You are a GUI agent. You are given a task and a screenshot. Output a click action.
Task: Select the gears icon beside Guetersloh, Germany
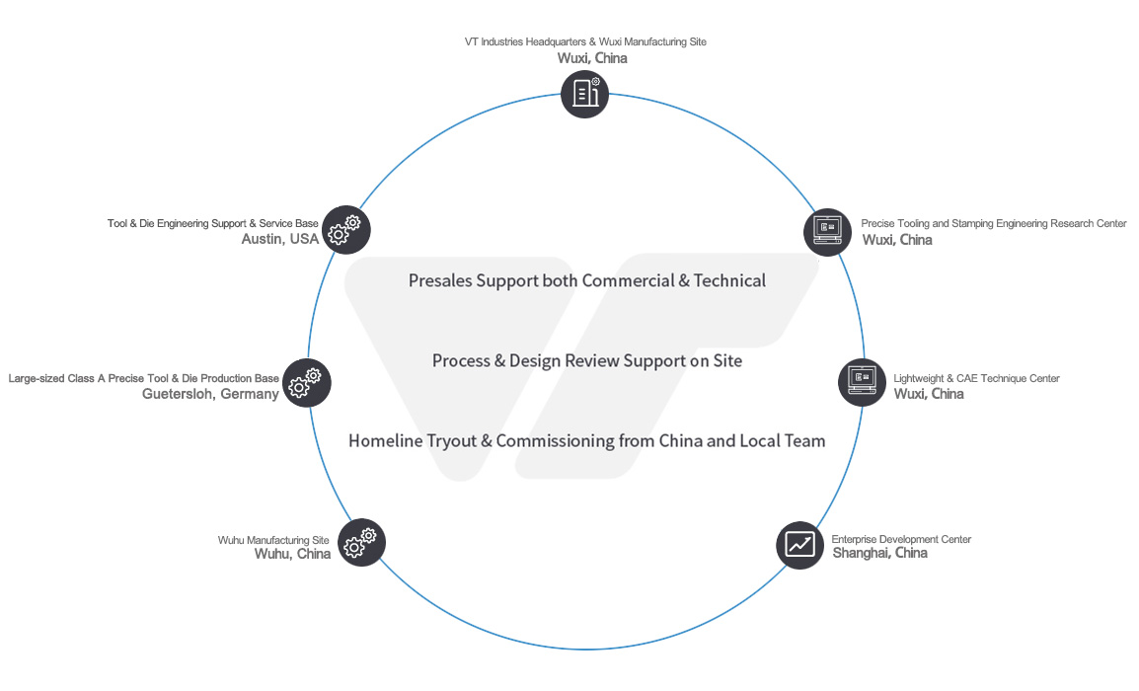point(306,381)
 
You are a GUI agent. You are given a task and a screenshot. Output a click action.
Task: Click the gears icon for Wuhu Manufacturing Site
point(361,542)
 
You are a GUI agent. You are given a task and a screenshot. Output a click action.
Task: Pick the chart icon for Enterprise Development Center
point(799,544)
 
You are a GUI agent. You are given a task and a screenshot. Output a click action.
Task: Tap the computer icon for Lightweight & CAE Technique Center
point(862,381)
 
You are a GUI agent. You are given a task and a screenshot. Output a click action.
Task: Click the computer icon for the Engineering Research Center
point(827,232)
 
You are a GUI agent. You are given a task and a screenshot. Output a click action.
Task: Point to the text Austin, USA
point(280,239)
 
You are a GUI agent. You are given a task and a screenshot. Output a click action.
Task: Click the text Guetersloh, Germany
point(210,394)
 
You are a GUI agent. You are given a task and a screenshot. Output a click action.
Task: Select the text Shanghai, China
point(879,553)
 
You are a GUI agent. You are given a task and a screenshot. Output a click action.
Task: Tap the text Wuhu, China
point(292,554)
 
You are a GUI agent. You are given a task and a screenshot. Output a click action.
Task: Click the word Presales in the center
point(439,281)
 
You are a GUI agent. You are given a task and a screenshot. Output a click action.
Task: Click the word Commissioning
point(555,441)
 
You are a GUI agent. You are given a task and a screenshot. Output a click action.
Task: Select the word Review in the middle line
point(592,361)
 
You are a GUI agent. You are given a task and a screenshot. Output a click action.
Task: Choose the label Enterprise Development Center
point(901,539)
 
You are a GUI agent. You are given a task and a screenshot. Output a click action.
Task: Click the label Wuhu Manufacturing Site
point(273,540)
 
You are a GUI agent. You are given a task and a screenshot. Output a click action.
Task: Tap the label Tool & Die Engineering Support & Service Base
point(213,224)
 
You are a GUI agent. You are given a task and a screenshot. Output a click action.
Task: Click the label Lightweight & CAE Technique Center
point(976,378)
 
